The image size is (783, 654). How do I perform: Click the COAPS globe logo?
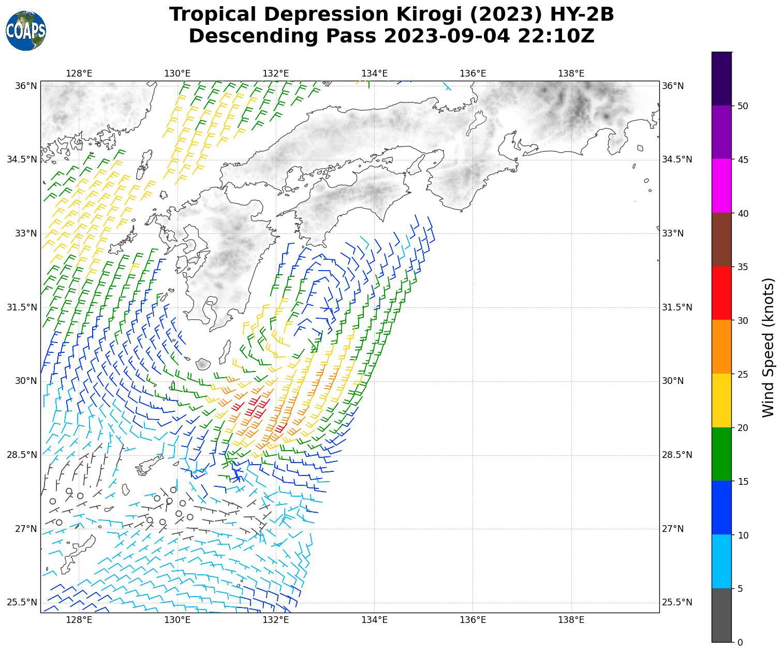[x=26, y=31]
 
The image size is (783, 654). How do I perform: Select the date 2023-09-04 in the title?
[x=448, y=36]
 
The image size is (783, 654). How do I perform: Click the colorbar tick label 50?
[x=743, y=106]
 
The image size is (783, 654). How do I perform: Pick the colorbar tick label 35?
[x=743, y=267]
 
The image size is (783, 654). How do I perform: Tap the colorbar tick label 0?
[x=740, y=643]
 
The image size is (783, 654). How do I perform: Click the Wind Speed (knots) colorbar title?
[x=769, y=347]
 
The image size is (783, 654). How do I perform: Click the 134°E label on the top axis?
[x=374, y=73]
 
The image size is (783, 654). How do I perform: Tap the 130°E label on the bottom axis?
[x=178, y=620]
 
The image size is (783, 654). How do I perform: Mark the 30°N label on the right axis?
[x=673, y=381]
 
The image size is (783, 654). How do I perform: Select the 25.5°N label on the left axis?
[x=22, y=603]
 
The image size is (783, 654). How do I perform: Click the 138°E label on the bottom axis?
[x=571, y=620]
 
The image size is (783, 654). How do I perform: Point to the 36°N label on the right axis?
[x=673, y=86]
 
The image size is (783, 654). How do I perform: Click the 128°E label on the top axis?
[x=79, y=73]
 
